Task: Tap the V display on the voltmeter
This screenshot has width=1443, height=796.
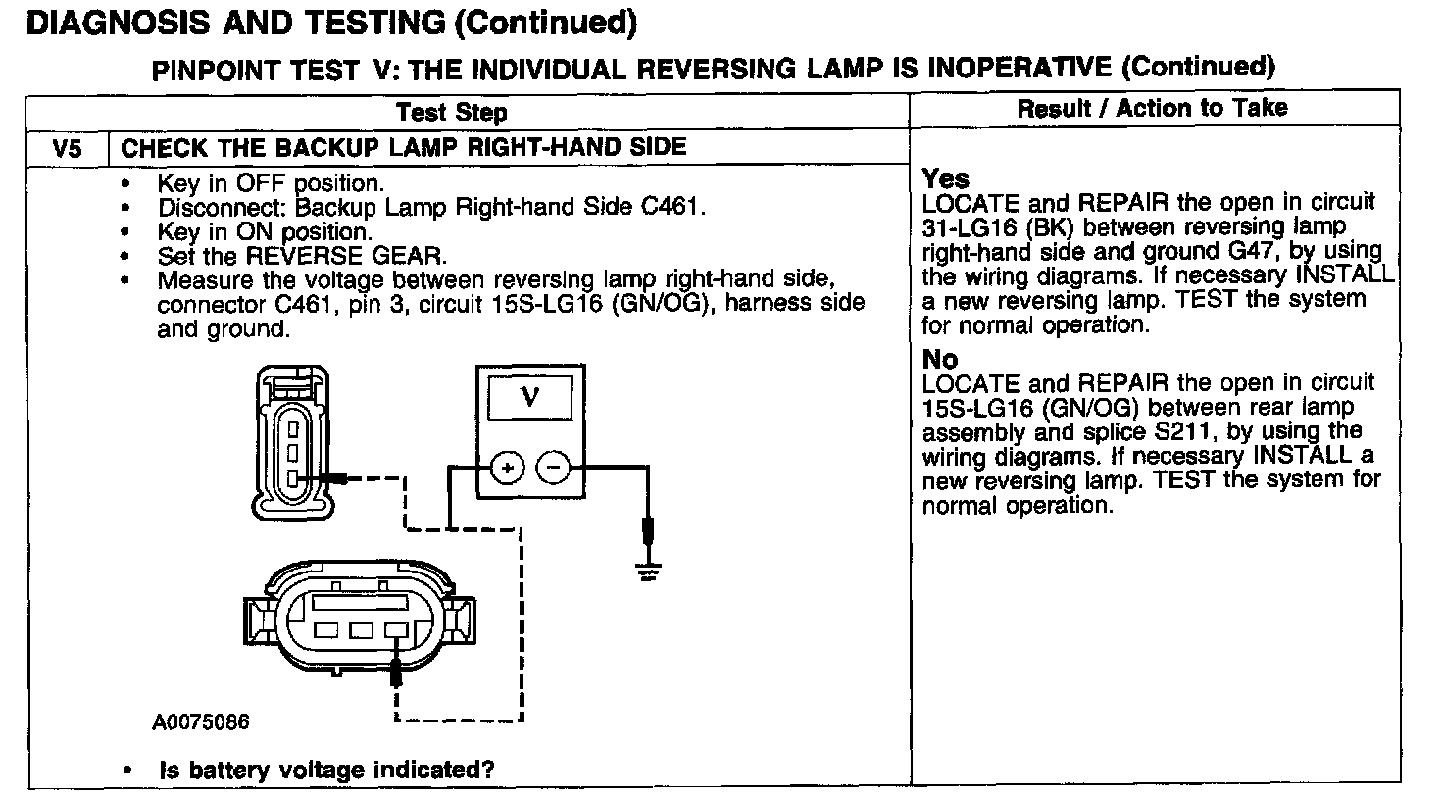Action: pos(530,397)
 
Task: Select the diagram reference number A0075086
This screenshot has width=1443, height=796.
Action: pos(201,722)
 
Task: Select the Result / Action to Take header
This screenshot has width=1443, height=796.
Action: pos(1152,108)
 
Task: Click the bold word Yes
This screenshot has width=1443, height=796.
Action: pos(946,179)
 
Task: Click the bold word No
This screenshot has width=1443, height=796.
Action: pos(940,359)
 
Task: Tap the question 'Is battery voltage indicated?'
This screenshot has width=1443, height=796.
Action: pos(326,770)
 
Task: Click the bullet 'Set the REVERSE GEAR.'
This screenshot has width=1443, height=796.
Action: pos(301,257)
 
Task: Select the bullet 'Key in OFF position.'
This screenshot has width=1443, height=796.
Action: pos(271,183)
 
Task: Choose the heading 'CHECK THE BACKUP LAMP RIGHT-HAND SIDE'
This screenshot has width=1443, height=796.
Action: pos(403,149)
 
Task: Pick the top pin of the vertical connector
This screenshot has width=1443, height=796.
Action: pos(291,427)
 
